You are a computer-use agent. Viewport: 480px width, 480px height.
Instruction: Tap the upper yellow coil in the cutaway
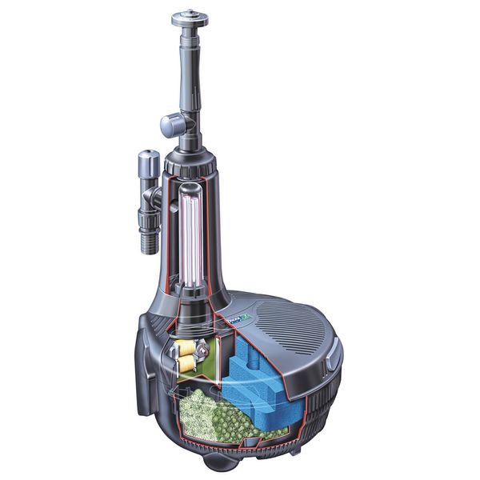186,346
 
